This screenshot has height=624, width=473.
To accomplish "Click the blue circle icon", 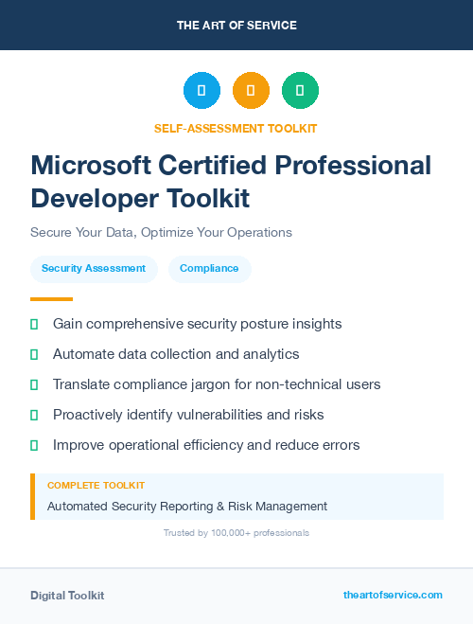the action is pos(201,91).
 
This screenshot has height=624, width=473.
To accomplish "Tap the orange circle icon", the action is pos(251,91).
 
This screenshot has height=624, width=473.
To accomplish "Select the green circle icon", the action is pos(300,91).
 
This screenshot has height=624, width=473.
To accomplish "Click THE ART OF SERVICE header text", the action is pos(236,26).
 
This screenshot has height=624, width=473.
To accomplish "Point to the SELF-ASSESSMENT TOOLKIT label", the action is pos(236,128).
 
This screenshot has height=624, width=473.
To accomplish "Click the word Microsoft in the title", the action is pos(87,166).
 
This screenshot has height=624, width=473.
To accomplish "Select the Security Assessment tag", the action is pos(94,269).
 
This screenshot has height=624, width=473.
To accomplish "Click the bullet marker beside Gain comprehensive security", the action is pos(34,324).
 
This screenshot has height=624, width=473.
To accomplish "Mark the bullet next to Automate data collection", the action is pos(34,354).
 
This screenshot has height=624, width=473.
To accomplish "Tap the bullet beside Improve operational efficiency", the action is pos(34,445).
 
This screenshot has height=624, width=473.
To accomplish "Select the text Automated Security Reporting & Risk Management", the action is pos(187,507).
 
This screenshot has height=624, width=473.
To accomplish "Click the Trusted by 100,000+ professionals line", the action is pos(236,533).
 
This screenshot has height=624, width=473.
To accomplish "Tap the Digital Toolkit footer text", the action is pos(67,596).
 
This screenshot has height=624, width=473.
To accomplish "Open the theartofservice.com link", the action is pos(393,595).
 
